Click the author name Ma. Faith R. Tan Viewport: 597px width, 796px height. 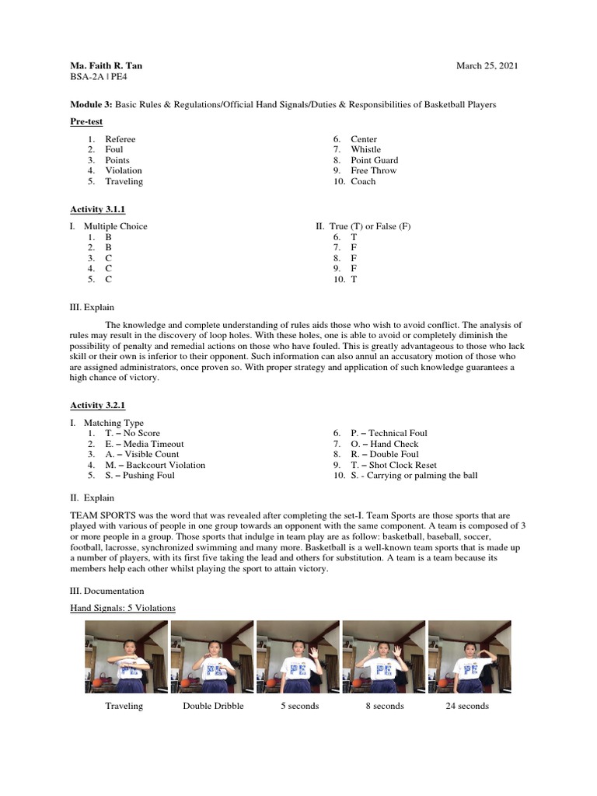click(106, 66)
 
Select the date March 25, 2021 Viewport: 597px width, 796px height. click(487, 66)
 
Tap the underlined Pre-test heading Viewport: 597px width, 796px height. click(86, 122)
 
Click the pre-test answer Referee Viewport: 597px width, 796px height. click(120, 139)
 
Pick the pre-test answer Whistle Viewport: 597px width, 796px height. click(365, 150)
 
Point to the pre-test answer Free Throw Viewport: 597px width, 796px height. click(373, 171)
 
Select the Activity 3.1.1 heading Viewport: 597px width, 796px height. click(97, 209)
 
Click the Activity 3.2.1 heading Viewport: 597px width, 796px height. click(97, 405)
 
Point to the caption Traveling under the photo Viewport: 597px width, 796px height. click(124, 706)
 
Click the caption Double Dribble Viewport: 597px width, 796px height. click(213, 706)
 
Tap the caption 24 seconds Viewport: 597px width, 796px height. click(467, 706)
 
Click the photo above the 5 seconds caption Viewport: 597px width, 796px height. click(298, 656)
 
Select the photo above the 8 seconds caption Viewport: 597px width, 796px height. click(384, 656)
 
